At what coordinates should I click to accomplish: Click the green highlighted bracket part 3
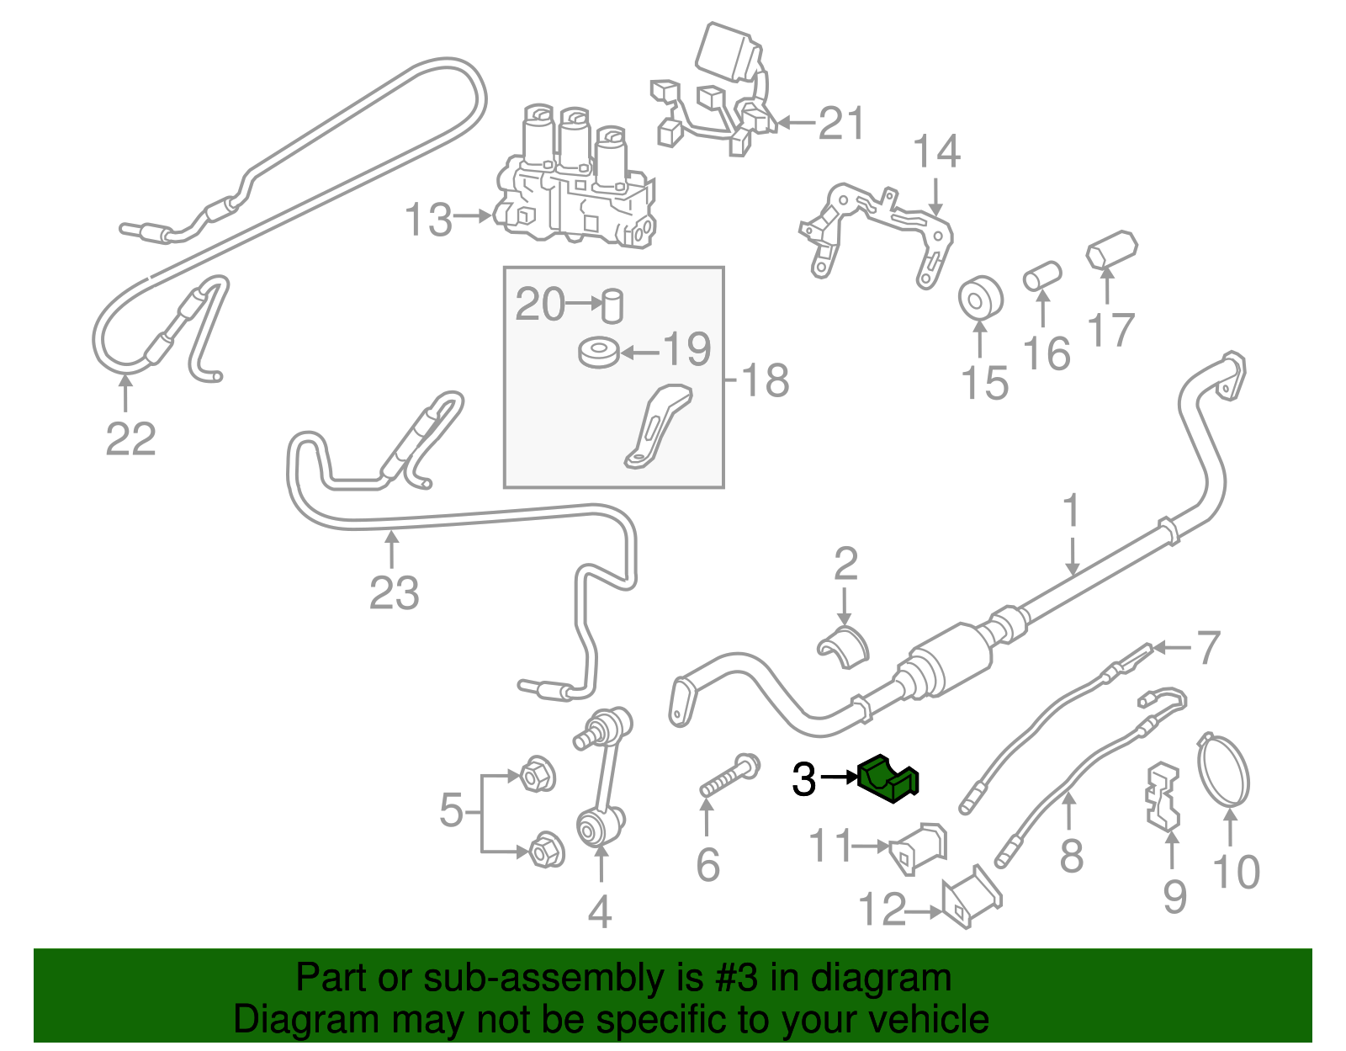pyautogui.click(x=888, y=778)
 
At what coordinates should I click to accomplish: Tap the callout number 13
pyautogui.click(x=428, y=220)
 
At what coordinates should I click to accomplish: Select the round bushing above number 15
pyautogui.click(x=980, y=297)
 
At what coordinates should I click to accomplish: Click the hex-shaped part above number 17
pyautogui.click(x=1111, y=250)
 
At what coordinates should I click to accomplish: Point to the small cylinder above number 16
pyautogui.click(x=1042, y=275)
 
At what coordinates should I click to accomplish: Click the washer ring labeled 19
pyautogui.click(x=599, y=352)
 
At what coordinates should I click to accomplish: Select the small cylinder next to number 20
pyautogui.click(x=612, y=305)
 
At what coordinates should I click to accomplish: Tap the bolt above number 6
pyautogui.click(x=729, y=775)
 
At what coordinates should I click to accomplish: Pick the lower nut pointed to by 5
pyautogui.click(x=546, y=851)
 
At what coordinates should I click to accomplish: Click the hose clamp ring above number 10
pyautogui.click(x=1224, y=770)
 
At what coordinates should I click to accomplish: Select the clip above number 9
pyautogui.click(x=1163, y=795)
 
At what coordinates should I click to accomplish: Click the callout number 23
pyautogui.click(x=394, y=592)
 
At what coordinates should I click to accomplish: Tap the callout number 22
pyautogui.click(x=131, y=438)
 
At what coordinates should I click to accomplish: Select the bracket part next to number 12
pyautogui.click(x=971, y=897)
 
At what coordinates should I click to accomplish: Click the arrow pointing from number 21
pyautogui.click(x=795, y=124)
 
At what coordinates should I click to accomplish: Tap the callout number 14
pyautogui.click(x=936, y=152)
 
